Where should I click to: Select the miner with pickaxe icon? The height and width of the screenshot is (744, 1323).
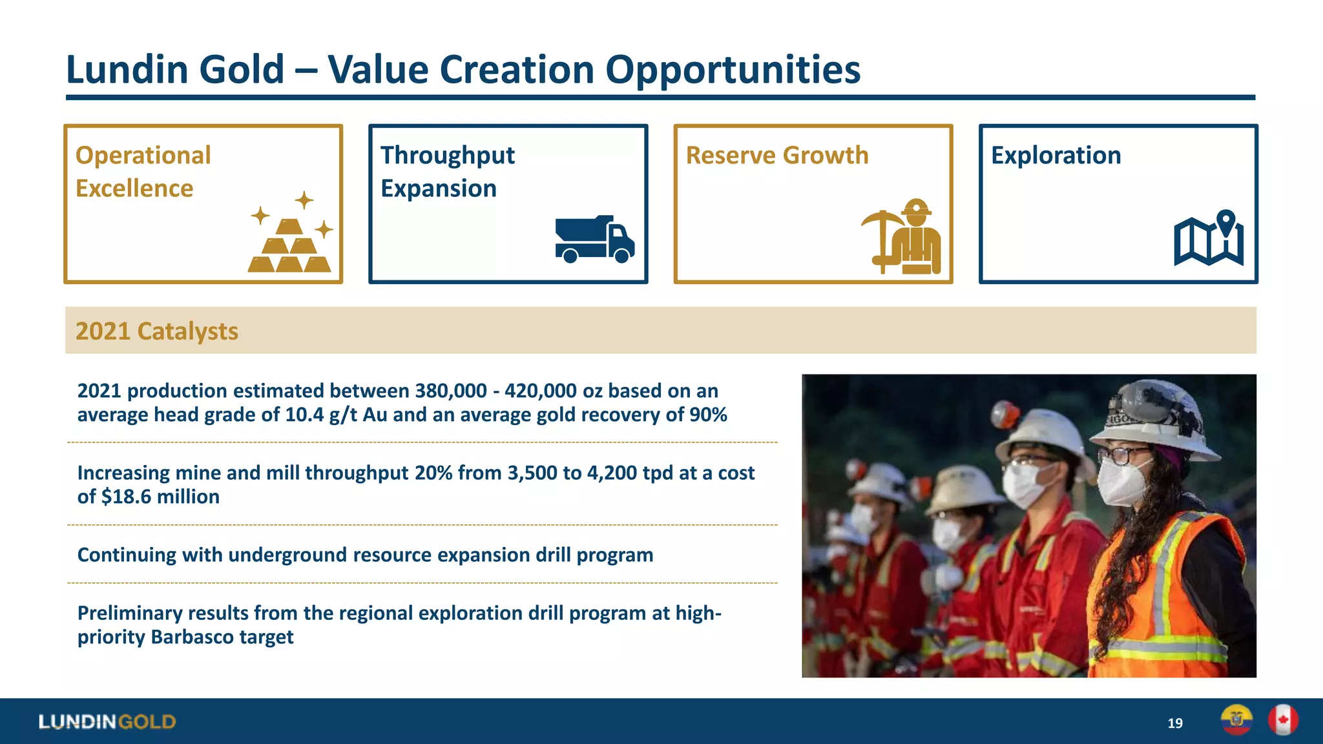(902, 237)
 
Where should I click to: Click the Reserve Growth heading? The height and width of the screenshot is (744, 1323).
(776, 156)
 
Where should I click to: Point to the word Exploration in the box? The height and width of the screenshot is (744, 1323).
(1056, 156)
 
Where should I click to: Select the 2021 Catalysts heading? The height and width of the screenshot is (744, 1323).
(157, 331)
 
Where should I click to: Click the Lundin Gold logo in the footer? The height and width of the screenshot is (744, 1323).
(107, 721)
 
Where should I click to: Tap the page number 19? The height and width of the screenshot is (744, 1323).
(1175, 723)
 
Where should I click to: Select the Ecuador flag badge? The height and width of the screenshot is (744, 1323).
(1236, 719)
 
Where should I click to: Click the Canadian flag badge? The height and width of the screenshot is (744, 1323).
(1283, 719)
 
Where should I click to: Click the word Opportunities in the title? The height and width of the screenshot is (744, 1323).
(733, 69)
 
